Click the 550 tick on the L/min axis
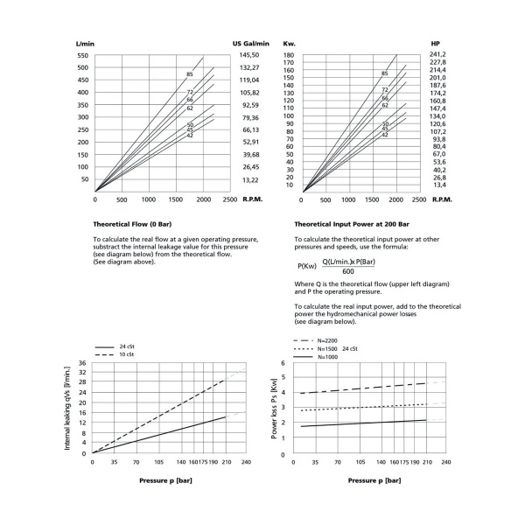pos(83,55)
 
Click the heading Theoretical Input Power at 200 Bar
pos(351,224)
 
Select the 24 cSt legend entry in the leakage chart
pos(127,346)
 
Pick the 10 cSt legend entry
pos(127,354)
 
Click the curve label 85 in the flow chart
pos(189,74)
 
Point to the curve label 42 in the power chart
pos(384,135)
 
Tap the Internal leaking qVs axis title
pos(67,408)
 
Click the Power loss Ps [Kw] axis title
pos(274,408)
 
